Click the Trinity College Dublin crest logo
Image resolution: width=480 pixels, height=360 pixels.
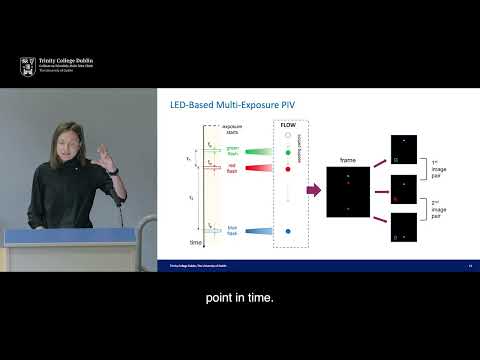pos(27,67)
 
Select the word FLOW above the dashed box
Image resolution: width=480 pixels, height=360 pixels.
pos(287,126)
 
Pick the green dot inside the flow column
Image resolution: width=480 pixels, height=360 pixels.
pos(288,152)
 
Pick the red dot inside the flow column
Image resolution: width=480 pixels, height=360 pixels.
pos(288,169)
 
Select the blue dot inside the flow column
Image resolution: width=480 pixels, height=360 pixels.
pos(288,232)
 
